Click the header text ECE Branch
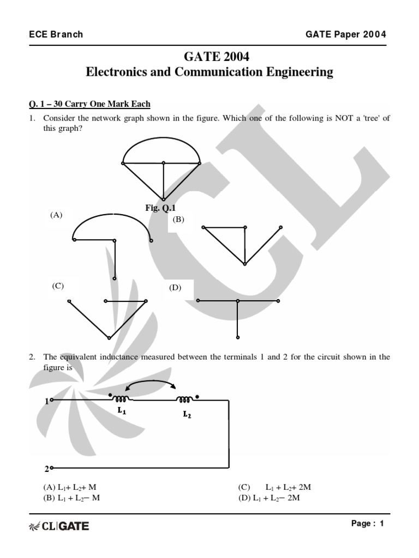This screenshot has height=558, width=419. coord(56,34)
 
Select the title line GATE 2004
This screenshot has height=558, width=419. coord(209,57)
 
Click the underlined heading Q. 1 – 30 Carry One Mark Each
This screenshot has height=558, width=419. coord(89,104)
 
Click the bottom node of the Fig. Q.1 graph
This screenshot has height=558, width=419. coord(163,199)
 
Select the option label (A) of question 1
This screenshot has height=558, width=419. coord(56,215)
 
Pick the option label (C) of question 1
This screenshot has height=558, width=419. coord(58,286)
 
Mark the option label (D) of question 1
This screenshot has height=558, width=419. coord(175,288)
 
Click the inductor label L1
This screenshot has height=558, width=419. coord(122,411)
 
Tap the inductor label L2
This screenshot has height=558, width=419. coord(187,414)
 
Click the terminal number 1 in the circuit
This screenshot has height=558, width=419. coord(47,401)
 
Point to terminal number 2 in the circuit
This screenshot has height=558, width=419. coord(47,468)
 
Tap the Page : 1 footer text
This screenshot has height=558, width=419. coord(368,524)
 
